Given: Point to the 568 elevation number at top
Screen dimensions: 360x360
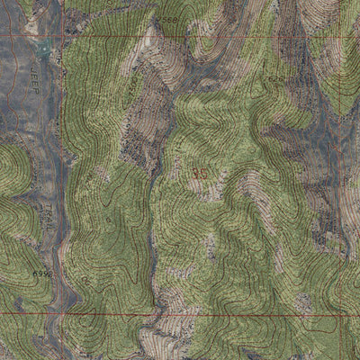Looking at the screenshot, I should [168, 20].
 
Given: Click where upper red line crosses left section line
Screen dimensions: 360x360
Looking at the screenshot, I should [63, 35].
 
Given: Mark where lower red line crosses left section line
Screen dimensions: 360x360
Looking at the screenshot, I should [61, 314].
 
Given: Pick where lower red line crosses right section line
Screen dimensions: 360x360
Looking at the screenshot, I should [340, 314].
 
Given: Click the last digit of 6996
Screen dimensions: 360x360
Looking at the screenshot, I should [48, 272].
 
